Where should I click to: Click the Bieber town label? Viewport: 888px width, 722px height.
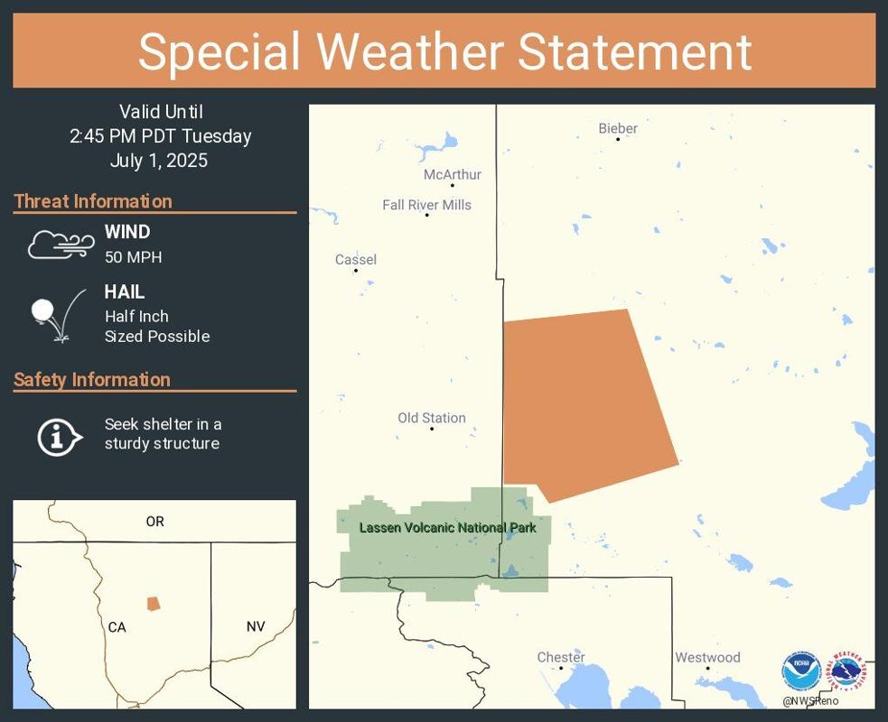pos(618,128)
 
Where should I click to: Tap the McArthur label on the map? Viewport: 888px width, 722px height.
pos(453,174)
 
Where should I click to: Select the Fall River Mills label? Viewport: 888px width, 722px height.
pos(426,205)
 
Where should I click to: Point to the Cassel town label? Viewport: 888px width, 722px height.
pos(356,260)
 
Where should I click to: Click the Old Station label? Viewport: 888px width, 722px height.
pos(432,418)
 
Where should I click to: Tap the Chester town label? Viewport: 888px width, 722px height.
pos(561,657)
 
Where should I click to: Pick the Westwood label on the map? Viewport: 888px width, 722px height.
pos(707,657)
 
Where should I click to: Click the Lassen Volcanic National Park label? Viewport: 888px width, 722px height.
pos(448,528)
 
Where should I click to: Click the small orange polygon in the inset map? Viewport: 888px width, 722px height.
pos(154,603)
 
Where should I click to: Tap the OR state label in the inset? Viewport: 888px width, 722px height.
pos(154,522)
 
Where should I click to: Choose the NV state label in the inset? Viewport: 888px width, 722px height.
pos(256,626)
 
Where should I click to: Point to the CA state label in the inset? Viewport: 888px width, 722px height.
pos(117,627)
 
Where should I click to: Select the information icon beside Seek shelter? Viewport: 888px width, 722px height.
pos(59,437)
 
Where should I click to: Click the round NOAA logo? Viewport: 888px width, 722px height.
pos(801,671)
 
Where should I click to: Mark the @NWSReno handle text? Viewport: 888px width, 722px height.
pos(810,701)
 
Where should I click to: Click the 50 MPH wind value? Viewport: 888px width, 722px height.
pos(133,257)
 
